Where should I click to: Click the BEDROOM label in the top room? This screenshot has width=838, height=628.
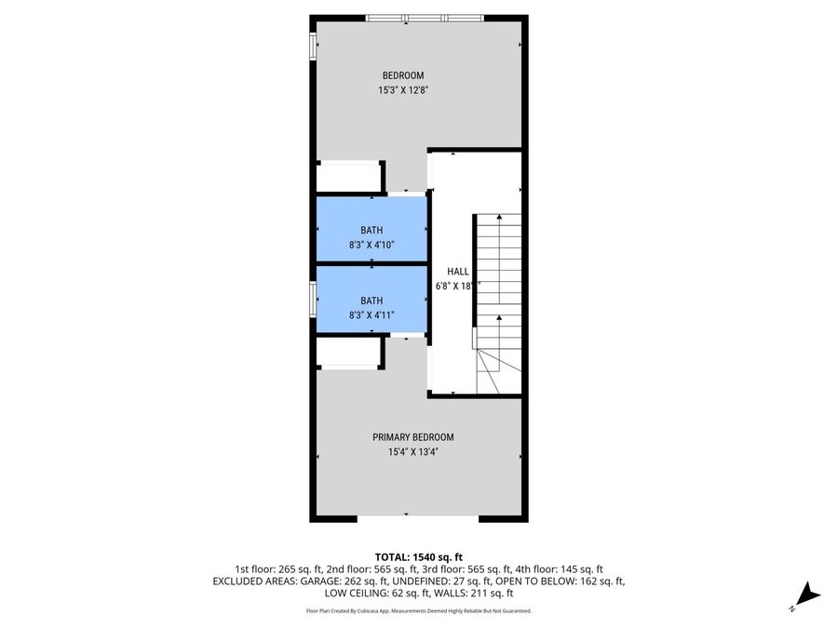[x=402, y=75]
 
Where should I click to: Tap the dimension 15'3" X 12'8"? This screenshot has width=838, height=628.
[x=402, y=90]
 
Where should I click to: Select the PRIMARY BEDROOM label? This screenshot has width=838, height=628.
[x=412, y=437]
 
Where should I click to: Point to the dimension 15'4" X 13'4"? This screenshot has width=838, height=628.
[x=412, y=452]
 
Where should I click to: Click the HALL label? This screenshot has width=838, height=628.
[x=457, y=272]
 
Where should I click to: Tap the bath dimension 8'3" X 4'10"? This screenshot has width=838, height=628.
[x=372, y=245]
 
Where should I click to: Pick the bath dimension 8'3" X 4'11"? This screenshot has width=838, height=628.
[x=372, y=314]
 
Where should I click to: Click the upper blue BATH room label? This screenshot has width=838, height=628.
[x=372, y=230]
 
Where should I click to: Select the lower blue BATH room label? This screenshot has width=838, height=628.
[x=372, y=301]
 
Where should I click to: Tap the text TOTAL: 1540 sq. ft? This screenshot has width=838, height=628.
[x=418, y=555]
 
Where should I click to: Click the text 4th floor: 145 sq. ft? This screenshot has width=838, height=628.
[x=561, y=568]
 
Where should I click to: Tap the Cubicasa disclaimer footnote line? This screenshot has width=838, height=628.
[x=418, y=611]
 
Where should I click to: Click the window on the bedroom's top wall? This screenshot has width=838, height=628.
[x=425, y=18]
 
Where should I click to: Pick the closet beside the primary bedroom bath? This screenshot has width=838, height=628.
[x=349, y=353]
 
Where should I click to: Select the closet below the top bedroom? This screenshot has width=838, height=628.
[x=349, y=178]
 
